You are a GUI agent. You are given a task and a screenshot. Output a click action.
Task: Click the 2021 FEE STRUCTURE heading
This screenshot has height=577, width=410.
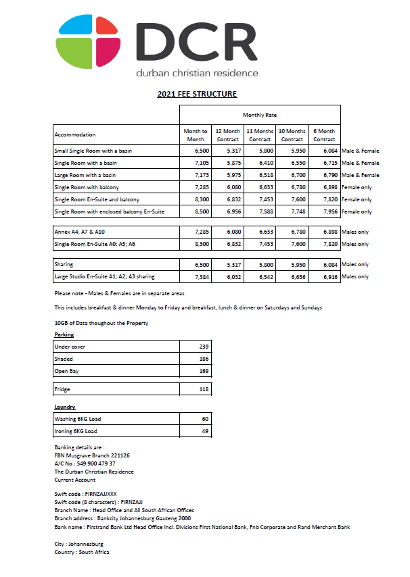pos(197,94)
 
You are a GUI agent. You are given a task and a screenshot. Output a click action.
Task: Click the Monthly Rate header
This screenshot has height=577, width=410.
pos(260,115)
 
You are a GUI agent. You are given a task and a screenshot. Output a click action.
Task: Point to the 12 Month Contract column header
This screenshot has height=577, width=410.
pos(227,134)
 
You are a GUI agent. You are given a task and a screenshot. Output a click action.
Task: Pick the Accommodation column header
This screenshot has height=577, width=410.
pos(75,134)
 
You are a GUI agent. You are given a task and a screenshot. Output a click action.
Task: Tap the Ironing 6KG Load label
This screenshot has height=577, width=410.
pos(76,431)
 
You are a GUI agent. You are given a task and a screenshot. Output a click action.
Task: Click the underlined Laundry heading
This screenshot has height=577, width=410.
pos(64,407)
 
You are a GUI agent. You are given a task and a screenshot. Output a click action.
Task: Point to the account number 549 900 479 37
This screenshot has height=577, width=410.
pos(85,463)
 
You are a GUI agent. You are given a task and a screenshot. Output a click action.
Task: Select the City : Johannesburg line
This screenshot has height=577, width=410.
pos(79,544)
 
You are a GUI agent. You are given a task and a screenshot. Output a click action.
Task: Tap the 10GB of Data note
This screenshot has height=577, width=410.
pos(101,323)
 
